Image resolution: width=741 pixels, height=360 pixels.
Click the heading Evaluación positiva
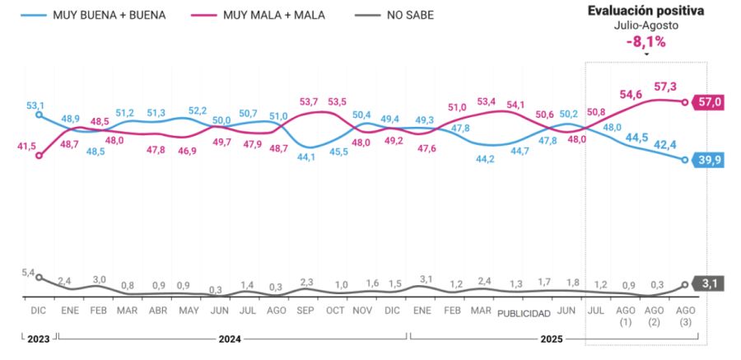[x=645, y=11]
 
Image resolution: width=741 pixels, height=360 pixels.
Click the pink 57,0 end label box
[x=708, y=101]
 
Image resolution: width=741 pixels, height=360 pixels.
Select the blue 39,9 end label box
[x=708, y=160]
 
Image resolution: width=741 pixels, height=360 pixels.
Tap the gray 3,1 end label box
[x=710, y=284]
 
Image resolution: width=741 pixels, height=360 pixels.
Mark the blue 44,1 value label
[x=306, y=156]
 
